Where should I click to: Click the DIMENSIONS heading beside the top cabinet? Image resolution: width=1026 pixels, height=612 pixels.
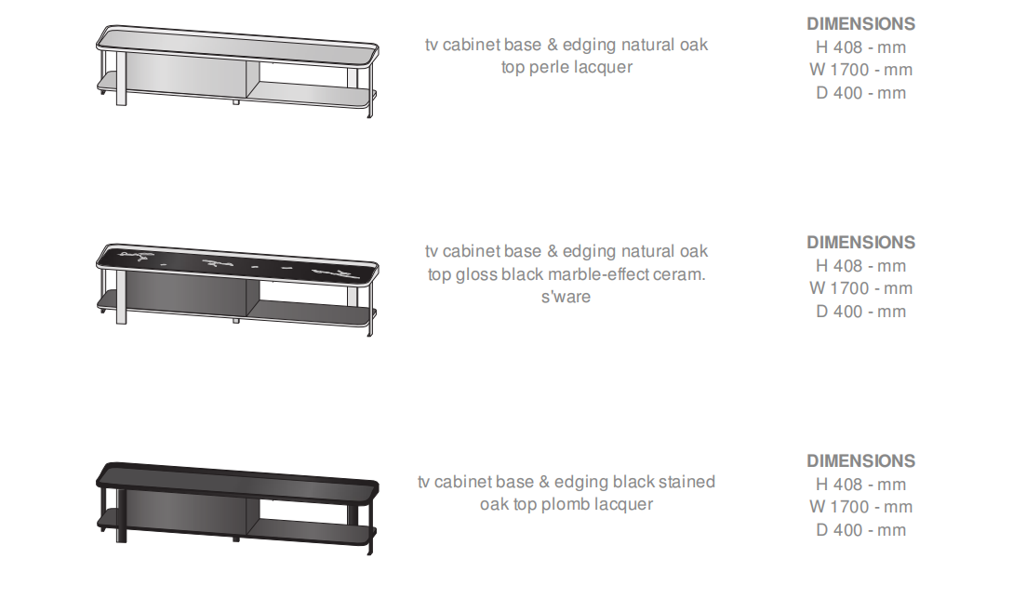(x=860, y=24)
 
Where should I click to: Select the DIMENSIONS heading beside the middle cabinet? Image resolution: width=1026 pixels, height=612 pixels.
(x=860, y=243)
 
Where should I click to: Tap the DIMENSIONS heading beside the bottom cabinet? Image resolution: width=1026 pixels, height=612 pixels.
(x=860, y=461)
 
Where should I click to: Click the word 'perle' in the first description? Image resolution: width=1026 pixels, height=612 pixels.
(x=548, y=68)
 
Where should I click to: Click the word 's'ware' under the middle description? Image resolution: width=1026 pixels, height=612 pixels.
(x=566, y=297)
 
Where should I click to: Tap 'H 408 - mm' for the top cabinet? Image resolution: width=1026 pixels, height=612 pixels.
(x=860, y=47)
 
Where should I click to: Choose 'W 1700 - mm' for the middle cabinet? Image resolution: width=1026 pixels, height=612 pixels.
(x=860, y=288)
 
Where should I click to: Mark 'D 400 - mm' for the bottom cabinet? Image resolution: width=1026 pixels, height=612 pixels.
(x=860, y=530)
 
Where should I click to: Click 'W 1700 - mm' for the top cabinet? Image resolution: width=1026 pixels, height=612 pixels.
(x=860, y=70)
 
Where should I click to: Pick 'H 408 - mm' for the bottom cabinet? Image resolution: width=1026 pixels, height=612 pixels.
(x=860, y=485)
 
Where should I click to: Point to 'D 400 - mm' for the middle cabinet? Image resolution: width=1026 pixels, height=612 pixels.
(x=860, y=312)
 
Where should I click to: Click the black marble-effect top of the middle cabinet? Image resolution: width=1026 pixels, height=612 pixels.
(x=237, y=262)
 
